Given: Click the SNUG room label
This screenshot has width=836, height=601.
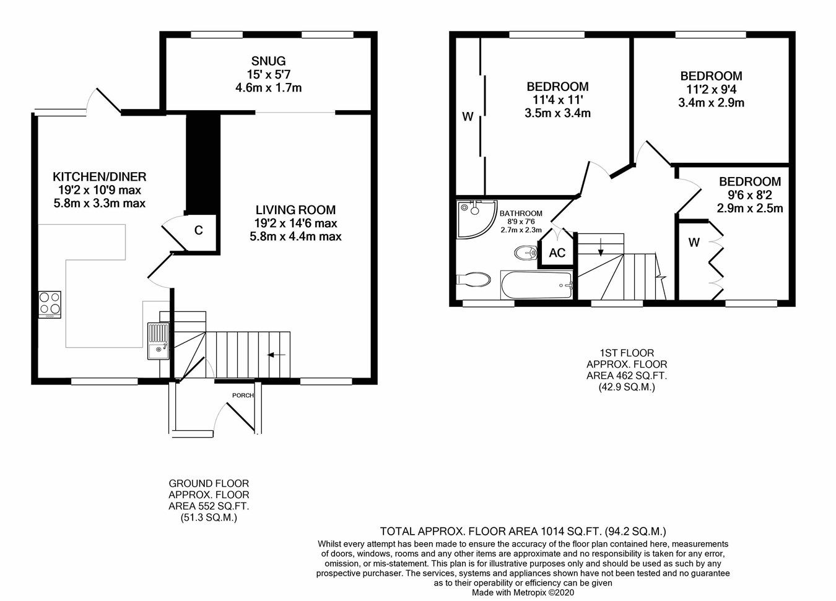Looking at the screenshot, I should (268, 61).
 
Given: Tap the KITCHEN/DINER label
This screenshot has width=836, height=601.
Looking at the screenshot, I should (99, 176).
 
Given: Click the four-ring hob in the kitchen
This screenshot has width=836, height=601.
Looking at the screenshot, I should (50, 303).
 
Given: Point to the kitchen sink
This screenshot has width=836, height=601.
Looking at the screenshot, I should (158, 341).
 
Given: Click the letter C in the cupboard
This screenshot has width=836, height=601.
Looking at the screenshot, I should (198, 231).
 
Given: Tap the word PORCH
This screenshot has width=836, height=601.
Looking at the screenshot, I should (243, 395).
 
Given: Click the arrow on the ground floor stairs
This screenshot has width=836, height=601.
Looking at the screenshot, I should (276, 355).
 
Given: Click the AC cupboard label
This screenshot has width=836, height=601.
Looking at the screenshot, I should (557, 253).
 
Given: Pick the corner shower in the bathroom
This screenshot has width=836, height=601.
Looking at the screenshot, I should (474, 217).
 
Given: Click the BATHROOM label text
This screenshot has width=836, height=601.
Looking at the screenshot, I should (521, 213).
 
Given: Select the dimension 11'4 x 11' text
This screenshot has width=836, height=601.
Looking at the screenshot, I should (557, 100).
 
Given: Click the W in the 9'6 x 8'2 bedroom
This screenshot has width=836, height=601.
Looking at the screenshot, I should (694, 243).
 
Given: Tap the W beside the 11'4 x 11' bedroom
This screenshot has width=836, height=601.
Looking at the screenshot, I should (468, 116).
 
